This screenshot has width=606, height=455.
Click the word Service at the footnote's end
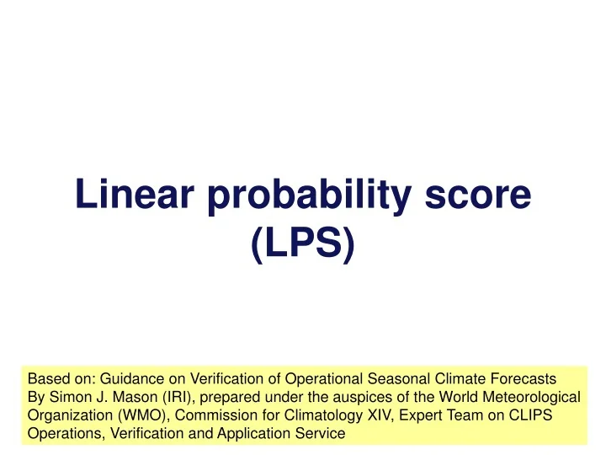coord(321,435)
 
